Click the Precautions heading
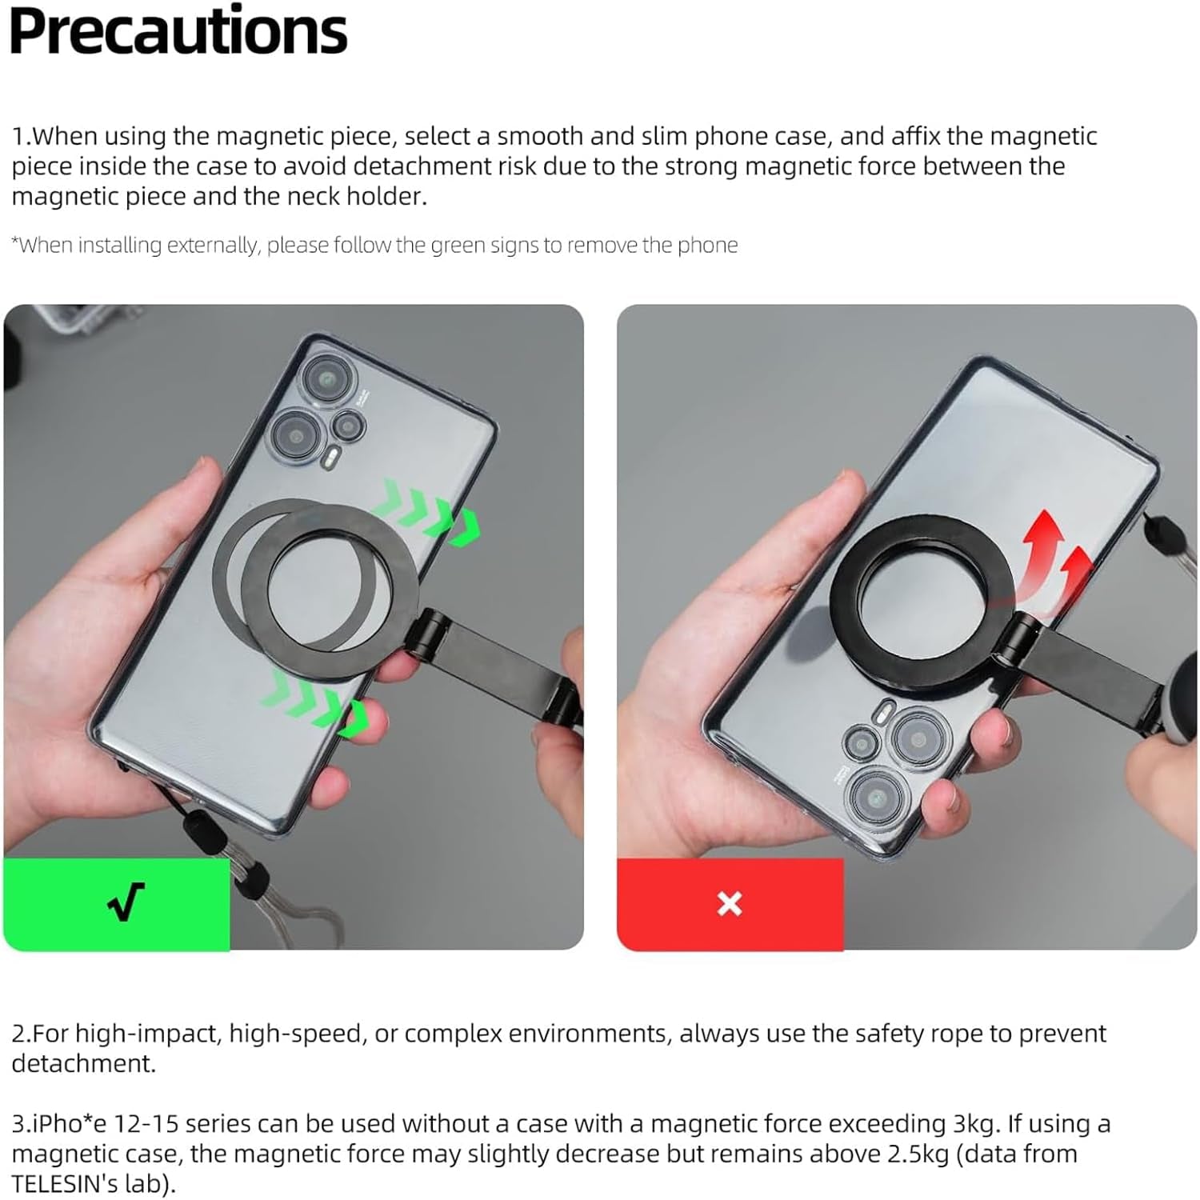click(178, 32)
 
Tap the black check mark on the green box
click(126, 902)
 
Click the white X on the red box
click(729, 904)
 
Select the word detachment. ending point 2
click(83, 1064)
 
